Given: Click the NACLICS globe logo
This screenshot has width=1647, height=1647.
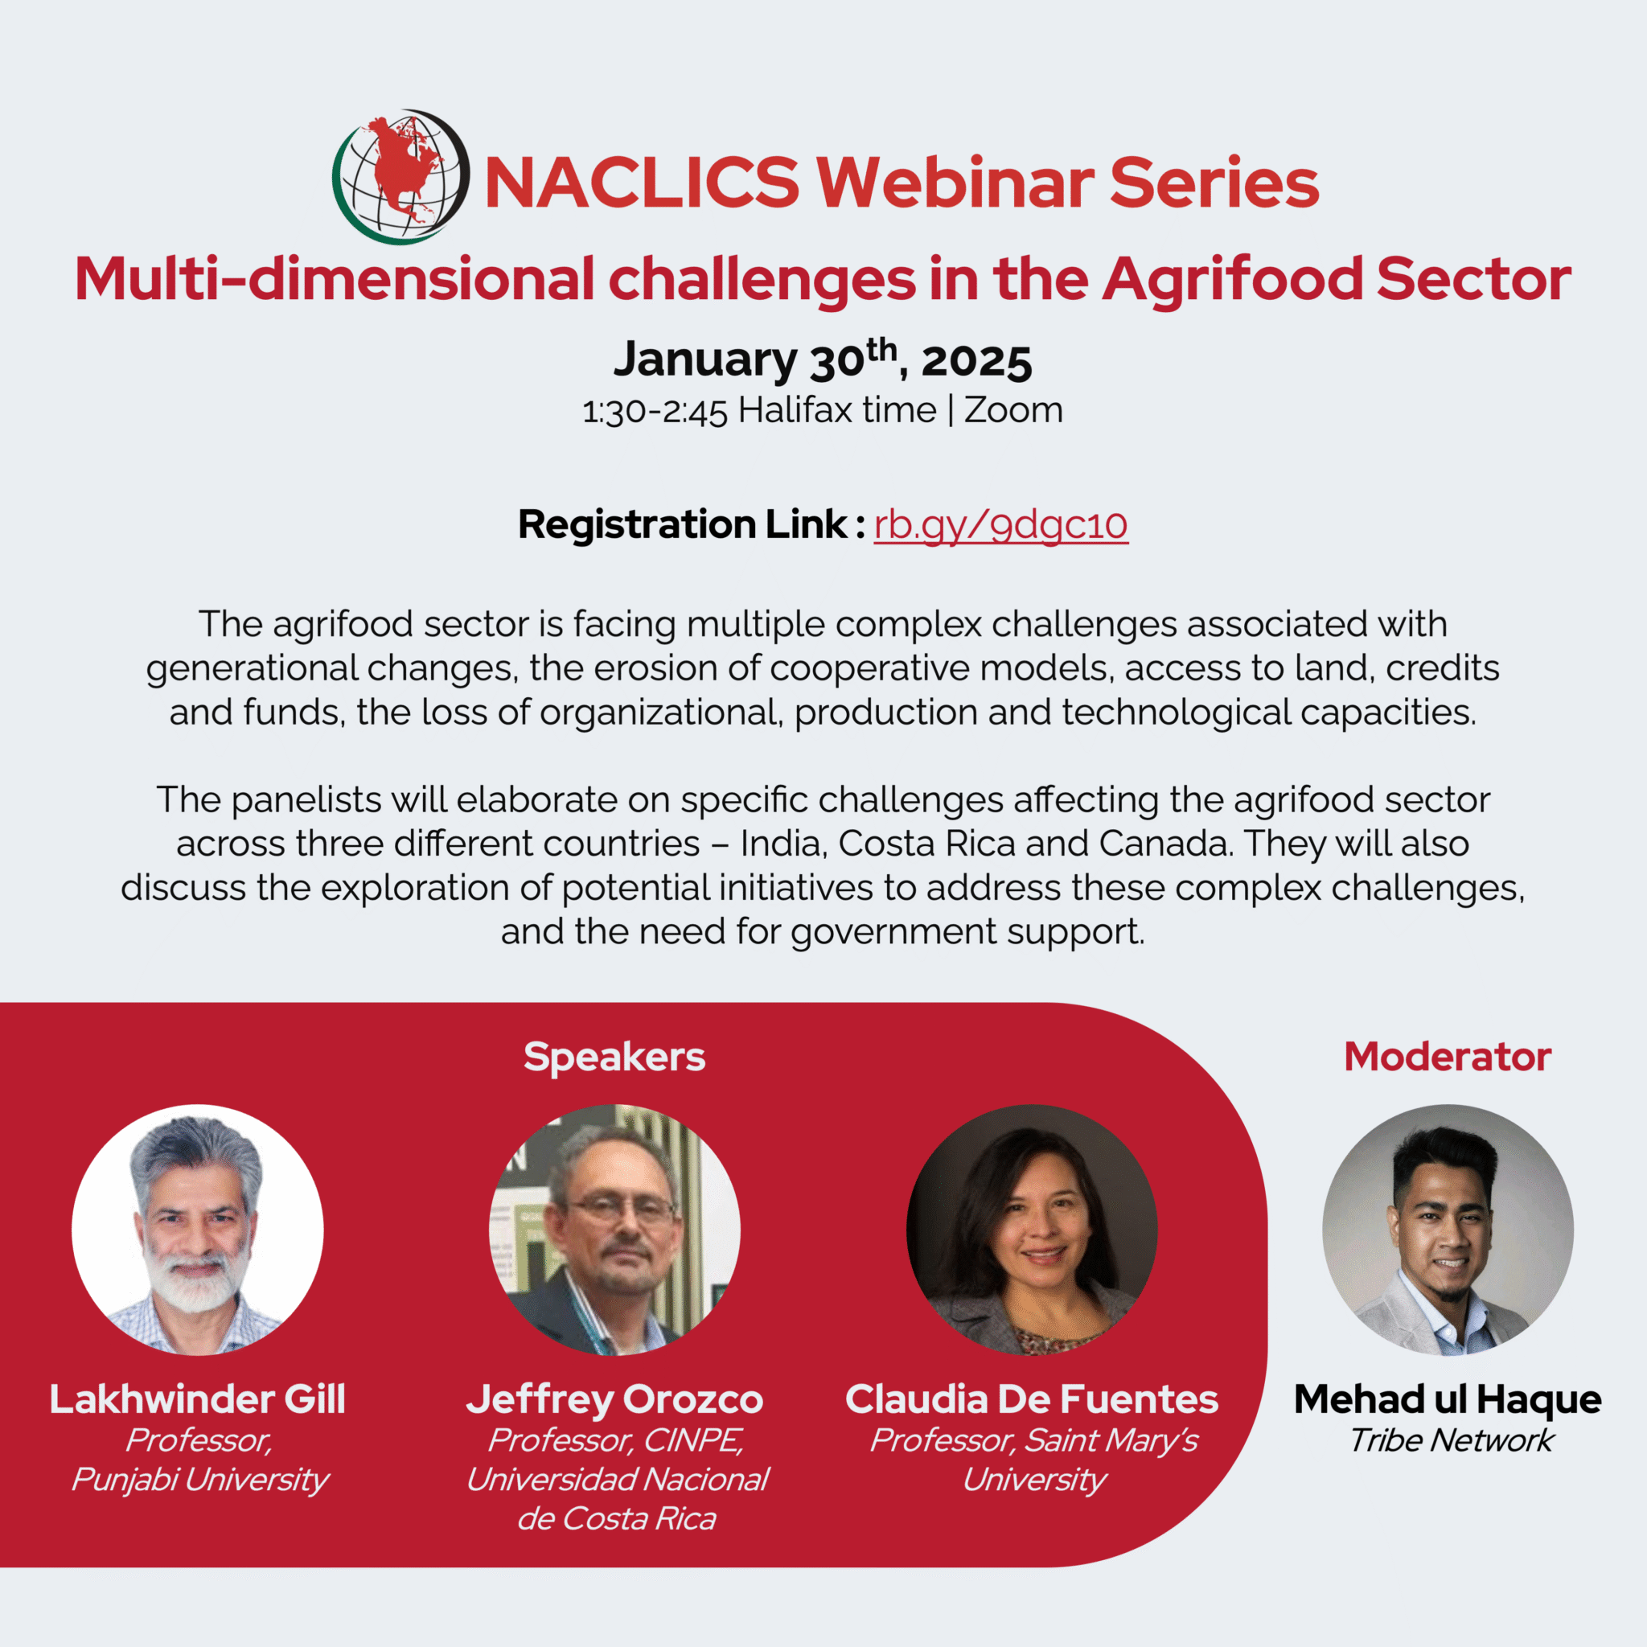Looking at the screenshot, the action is point(400,177).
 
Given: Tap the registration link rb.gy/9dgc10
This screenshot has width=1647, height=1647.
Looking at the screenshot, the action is point(1000,524).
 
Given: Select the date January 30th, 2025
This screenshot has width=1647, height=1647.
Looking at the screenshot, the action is point(823,358).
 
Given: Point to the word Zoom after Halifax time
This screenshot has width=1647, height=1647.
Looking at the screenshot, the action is point(1013,410).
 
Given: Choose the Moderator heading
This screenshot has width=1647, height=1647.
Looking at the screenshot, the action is point(1448,1057).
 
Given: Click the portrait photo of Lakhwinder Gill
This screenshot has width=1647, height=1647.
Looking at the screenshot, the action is point(198,1230).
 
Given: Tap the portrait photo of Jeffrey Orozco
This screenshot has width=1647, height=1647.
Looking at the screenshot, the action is point(614,1230).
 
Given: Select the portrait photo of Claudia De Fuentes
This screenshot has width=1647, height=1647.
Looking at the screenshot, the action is point(1032,1230).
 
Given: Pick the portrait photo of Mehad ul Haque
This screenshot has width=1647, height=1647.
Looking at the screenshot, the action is point(1448,1230).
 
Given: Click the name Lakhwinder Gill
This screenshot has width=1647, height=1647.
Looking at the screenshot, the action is point(198,1400).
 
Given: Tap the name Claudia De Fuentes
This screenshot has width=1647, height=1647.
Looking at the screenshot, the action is point(1032,1400).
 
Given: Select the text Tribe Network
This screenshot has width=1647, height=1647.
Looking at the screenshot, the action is point(1451,1440).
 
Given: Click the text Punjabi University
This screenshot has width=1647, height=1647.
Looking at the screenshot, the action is point(199,1480).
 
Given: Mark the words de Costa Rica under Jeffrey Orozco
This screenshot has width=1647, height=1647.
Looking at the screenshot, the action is point(616,1519).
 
